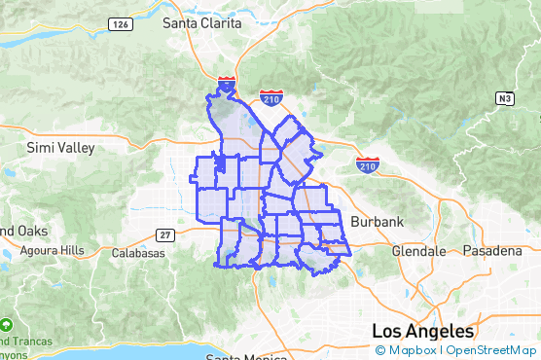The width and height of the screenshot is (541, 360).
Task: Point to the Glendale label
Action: pyautogui.click(x=417, y=250)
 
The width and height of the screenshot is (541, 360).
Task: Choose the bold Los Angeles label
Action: pyautogui.click(x=422, y=330)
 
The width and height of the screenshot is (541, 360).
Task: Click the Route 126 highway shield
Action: pyautogui.click(x=121, y=23)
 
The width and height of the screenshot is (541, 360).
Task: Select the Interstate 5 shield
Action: pyautogui.click(x=227, y=86)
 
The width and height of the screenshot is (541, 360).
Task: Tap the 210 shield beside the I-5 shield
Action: pyautogui.click(x=271, y=97)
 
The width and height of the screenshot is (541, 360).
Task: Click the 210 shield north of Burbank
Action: pyautogui.click(x=368, y=162)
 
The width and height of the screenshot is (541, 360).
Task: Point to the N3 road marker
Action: pyautogui.click(x=503, y=98)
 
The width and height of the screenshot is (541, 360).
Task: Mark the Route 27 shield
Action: pyautogui.click(x=163, y=234)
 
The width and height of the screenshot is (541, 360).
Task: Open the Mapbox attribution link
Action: pyautogui.click(x=406, y=350)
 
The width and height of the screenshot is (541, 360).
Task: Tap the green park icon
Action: pyautogui.click(x=7, y=324)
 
